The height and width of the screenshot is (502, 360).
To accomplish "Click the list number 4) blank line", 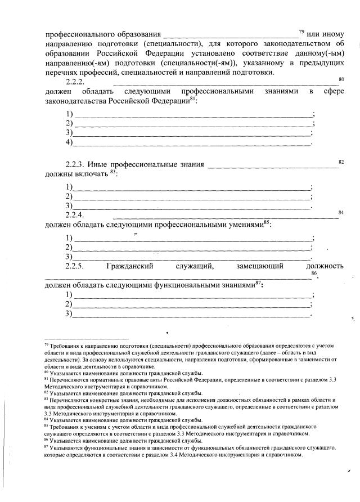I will pos(70,144).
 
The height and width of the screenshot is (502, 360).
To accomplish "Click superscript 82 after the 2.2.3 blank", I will pos(341,162).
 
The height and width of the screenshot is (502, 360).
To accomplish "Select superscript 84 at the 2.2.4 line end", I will pos(341,212).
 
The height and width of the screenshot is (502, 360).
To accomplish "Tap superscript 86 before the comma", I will pos(314,273).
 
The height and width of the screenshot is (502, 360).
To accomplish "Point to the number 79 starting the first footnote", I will pos(46,344).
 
